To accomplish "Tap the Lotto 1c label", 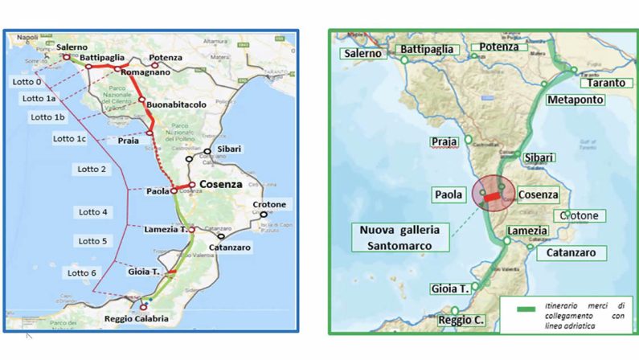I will pos(70,138).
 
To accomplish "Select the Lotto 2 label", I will pos(92,169).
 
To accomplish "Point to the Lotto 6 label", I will pos(82,272).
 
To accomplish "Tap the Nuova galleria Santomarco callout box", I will pos(398,239).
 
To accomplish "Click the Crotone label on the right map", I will pos(584,215).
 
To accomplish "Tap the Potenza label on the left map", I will pos(166,58).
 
